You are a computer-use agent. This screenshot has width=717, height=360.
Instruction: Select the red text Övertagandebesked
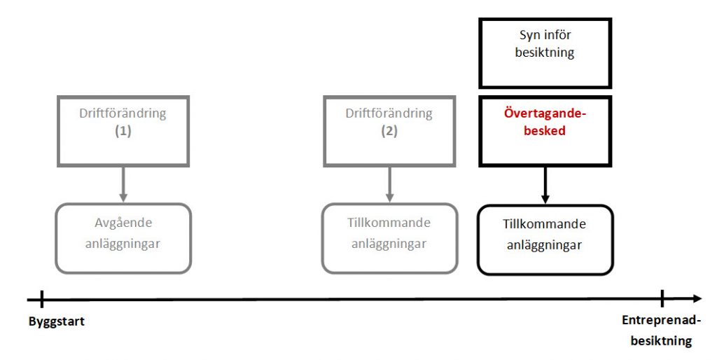(x=545, y=122)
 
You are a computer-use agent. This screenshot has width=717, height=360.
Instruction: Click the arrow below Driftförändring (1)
(x=123, y=184)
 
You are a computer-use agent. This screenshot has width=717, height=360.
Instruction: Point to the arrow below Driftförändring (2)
(x=389, y=184)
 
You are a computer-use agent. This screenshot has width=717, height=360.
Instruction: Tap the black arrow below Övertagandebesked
(x=545, y=186)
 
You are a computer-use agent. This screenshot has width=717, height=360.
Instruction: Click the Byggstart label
(x=57, y=321)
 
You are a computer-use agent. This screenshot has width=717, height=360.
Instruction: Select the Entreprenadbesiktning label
(x=661, y=331)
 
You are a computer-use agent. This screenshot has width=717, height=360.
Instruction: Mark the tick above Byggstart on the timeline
(x=41, y=299)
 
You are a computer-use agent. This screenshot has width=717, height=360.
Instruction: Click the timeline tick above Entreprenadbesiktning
(x=662, y=298)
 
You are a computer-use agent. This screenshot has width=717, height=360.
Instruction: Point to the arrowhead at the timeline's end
(x=697, y=298)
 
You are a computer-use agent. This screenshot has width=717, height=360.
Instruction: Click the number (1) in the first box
(x=123, y=131)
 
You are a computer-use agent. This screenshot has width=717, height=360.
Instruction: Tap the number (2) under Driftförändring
(x=389, y=131)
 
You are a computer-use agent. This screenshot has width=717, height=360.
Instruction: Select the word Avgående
(x=123, y=223)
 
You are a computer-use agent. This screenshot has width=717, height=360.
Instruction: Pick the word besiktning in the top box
(x=545, y=53)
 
